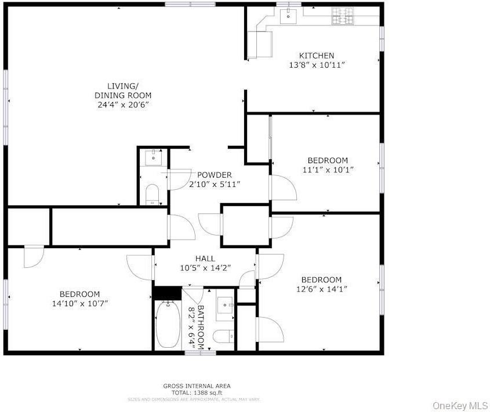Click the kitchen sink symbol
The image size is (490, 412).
(288, 16)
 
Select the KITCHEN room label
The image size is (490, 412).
(317, 56)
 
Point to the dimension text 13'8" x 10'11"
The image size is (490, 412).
(317, 65)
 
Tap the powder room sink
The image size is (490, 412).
(153, 157)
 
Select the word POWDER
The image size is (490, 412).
(215, 175)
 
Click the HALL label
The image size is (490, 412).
(205, 259)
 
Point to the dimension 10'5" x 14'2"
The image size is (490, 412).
(205, 268)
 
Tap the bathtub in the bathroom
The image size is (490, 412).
(168, 325)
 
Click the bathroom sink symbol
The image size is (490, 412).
(225, 306)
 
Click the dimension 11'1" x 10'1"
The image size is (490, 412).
(328, 170)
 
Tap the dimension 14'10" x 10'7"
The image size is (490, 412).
(79, 303)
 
